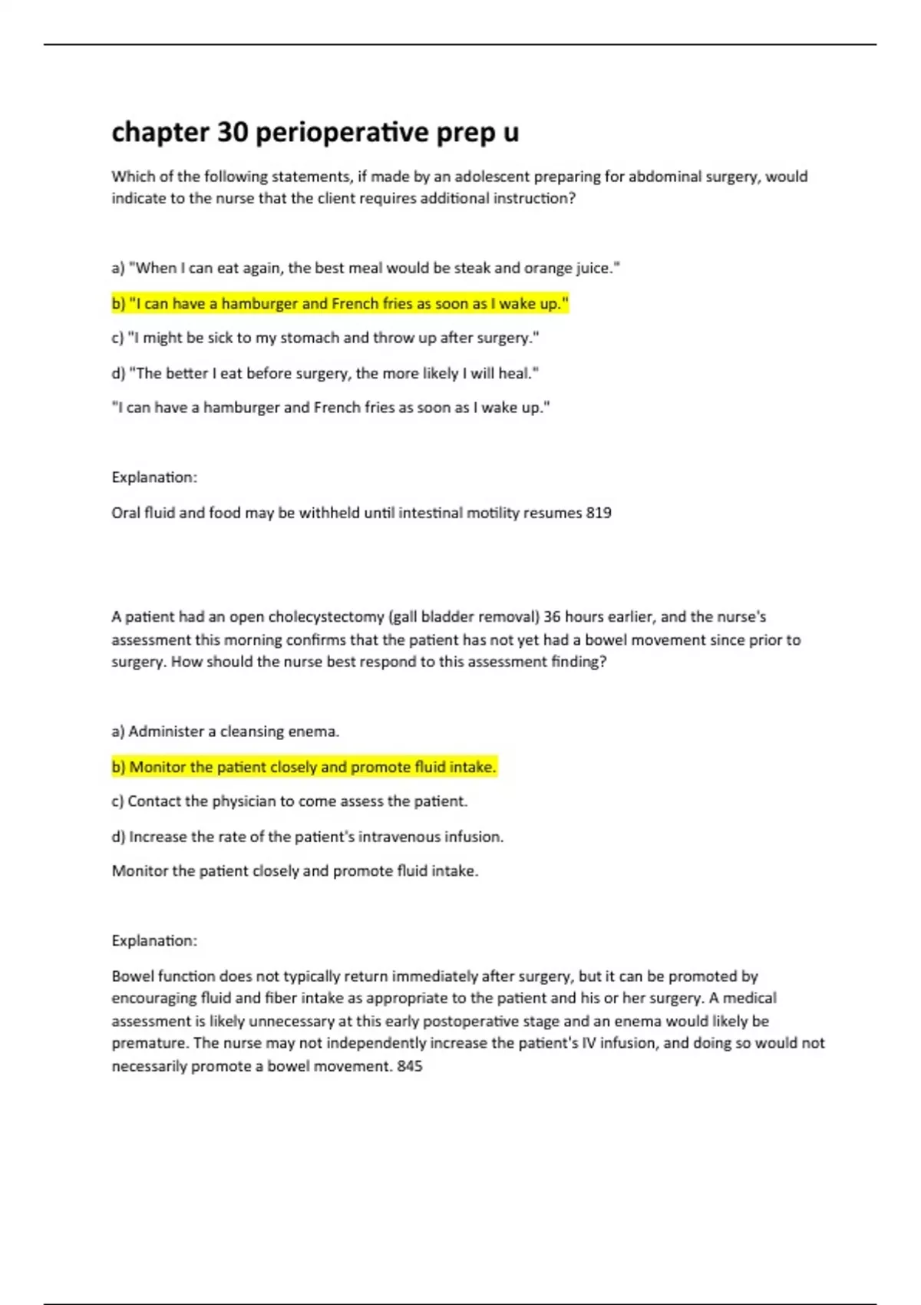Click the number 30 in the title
point(233,133)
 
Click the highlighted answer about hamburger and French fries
point(340,303)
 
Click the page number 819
point(599,513)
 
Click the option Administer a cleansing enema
point(226,732)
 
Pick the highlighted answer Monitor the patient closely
point(305,767)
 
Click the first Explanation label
point(154,477)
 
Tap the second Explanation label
point(154,941)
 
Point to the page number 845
point(410,1066)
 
